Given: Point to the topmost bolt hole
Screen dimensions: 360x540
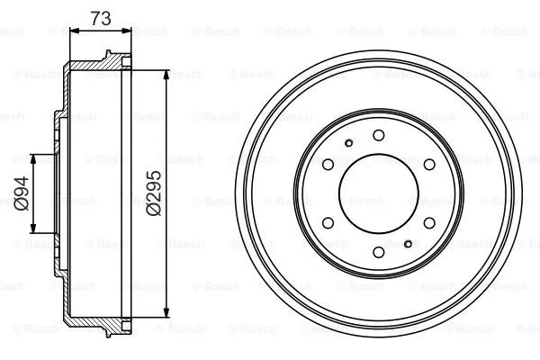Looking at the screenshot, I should [376, 133].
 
